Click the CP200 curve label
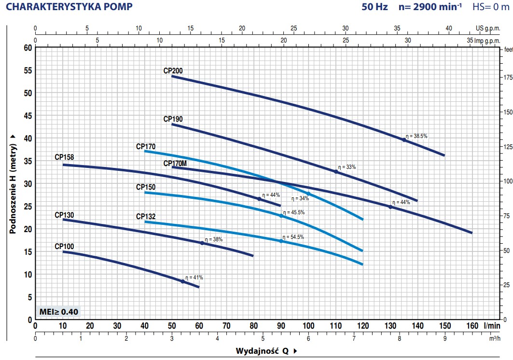(173, 71)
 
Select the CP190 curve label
(173, 119)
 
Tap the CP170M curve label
(175, 163)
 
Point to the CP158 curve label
(64, 157)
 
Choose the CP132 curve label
(146, 216)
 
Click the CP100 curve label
(64, 246)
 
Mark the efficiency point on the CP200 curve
(404, 140)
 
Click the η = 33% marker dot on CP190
(336, 171)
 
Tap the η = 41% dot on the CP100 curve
(182, 281)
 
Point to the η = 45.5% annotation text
(294, 212)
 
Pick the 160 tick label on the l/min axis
(471, 326)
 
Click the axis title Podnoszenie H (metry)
(13, 184)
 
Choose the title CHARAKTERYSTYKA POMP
(66, 7)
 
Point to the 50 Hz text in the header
(375, 7)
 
